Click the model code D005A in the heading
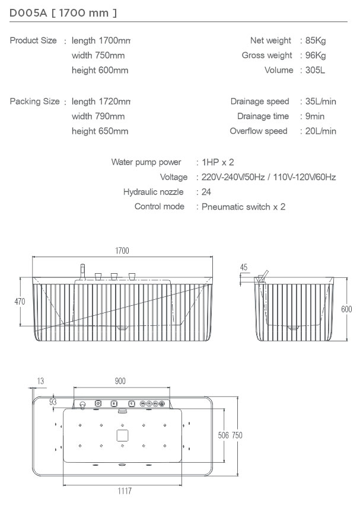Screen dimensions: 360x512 (28, 13)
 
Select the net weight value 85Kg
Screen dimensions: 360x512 (316, 41)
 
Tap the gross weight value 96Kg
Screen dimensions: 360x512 (316, 56)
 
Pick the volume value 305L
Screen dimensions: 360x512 (315, 70)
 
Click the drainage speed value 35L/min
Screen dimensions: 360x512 (320, 101)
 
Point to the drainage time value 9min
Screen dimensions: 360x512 (314, 116)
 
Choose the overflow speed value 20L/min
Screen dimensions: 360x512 (320, 132)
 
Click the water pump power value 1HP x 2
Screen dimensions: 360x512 (218, 162)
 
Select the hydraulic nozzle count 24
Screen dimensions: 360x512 (206, 192)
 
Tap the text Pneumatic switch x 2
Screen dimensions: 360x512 (243, 207)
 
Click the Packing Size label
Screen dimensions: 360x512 (34, 101)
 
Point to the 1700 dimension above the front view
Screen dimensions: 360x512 (122, 251)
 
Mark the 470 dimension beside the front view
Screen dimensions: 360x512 (20, 302)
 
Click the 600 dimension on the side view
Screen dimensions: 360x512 (346, 309)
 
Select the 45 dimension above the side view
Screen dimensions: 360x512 (244, 267)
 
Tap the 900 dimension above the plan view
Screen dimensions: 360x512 (120, 381)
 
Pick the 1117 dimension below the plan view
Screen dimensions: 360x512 (125, 491)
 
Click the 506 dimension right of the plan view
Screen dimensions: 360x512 (224, 436)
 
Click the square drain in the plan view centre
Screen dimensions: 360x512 (122, 436)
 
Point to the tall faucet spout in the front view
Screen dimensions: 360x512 (82, 272)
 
